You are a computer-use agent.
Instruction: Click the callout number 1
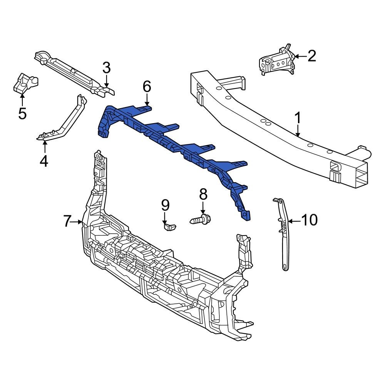pyautogui.click(x=298, y=118)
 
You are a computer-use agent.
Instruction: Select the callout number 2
pyautogui.click(x=311, y=56)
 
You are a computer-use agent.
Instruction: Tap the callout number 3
pyautogui.click(x=107, y=68)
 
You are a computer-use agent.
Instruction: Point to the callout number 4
pyautogui.click(x=44, y=160)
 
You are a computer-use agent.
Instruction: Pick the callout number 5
pyautogui.click(x=22, y=113)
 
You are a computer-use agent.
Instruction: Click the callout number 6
pyautogui.click(x=147, y=87)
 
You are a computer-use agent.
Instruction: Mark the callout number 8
pyautogui.click(x=203, y=194)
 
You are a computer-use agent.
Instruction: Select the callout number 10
pyautogui.click(x=309, y=220)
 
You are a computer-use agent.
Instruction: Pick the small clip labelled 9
pyautogui.click(x=169, y=226)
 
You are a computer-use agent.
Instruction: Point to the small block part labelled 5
pyautogui.click(x=25, y=83)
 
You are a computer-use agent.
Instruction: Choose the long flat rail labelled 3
pyautogui.click(x=73, y=71)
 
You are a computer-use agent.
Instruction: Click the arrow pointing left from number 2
pyautogui.click(x=300, y=57)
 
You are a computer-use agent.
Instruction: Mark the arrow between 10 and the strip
pyautogui.click(x=293, y=221)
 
